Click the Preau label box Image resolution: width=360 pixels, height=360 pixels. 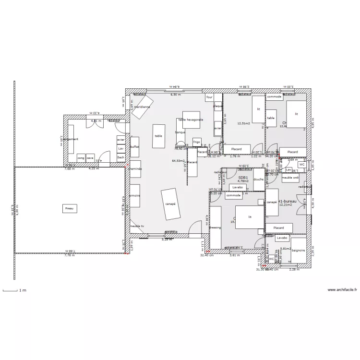(70, 208)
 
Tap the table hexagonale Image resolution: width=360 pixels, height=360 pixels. (191, 120)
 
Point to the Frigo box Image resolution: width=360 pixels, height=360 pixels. (196, 142)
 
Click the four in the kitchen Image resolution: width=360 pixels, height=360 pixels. (209, 97)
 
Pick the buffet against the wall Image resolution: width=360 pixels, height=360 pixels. (134, 147)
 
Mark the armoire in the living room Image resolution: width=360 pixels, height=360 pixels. (134, 195)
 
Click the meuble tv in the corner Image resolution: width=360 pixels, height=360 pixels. (136, 226)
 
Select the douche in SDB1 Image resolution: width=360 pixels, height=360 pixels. (259, 179)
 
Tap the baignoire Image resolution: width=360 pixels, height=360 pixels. (299, 250)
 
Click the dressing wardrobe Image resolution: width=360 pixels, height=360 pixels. (216, 227)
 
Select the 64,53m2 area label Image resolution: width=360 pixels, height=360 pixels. (178, 161)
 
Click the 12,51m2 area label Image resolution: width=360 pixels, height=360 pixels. (244, 123)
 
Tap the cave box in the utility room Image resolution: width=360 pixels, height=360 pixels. (90, 157)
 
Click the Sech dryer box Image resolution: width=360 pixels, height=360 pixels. (121, 157)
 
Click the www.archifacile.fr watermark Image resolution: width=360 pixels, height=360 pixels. (342, 289)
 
